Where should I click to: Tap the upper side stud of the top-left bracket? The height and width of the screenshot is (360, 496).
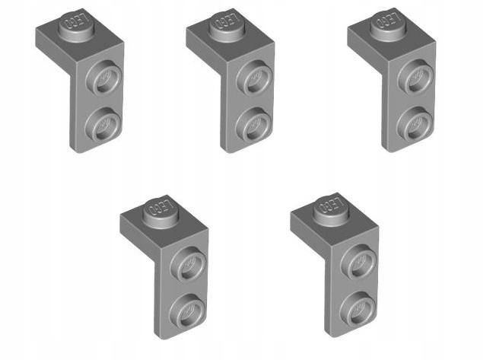click(103, 77)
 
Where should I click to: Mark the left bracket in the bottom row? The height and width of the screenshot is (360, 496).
click(171, 266)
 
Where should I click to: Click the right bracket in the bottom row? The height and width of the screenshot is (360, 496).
click(341, 266)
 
